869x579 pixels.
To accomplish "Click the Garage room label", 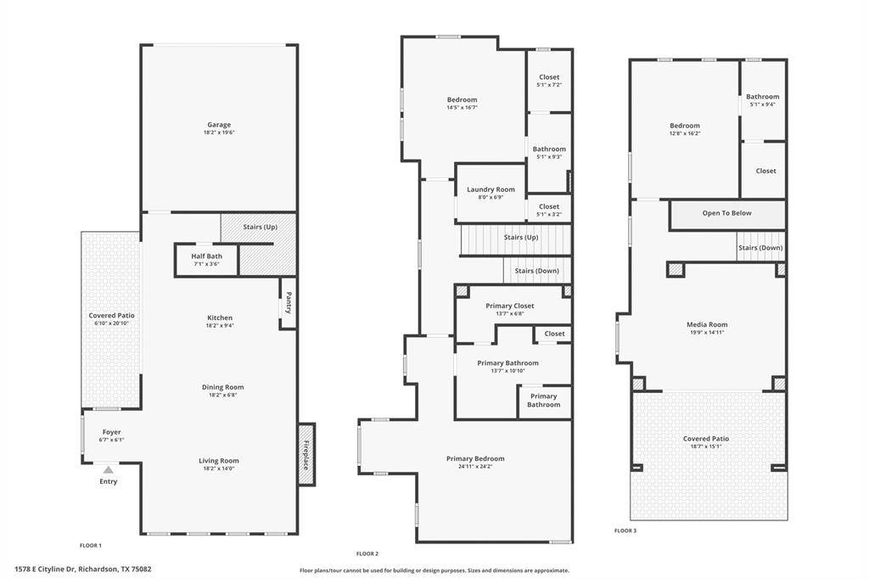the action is pos(219,125).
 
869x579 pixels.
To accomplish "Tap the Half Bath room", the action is pos(207,260).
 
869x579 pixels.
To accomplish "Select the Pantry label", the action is pos(289,303).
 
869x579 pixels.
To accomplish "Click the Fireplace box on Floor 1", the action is pos(306,454).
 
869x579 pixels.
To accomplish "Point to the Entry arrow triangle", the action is pos(108,469).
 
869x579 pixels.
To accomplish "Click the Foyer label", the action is pos(111,432).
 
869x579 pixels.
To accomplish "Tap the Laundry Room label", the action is pos(491,189).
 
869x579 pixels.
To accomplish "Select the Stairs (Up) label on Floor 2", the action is pos(521,238).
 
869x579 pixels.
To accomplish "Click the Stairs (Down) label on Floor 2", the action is pos(536,271).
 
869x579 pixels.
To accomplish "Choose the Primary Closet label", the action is pos(510,306).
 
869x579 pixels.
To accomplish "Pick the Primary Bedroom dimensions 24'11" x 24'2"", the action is pos(475,466).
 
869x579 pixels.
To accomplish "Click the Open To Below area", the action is pos(727,215).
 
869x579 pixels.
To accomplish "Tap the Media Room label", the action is pos(707,324).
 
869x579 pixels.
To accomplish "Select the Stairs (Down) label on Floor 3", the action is pos(760,248).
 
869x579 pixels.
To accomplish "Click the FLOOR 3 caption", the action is pos(625,531).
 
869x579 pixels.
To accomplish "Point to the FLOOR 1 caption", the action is pos(90,545).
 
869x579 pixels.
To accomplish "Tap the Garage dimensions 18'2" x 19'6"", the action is pos(219,132).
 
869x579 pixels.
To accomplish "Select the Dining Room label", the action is pos(223,387).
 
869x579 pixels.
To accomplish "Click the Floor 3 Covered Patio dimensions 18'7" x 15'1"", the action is pos(705,447).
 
